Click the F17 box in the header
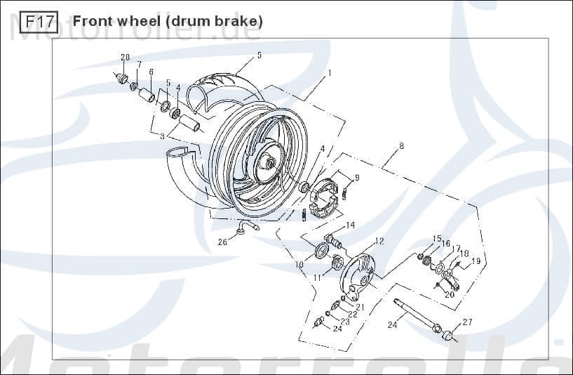click(39, 22)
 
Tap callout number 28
click(125, 57)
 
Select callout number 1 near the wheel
click(329, 72)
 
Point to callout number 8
click(401, 146)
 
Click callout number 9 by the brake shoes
click(357, 178)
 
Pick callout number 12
click(379, 241)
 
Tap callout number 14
click(350, 225)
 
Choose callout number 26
click(222, 242)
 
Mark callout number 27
click(468, 322)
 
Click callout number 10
click(299, 265)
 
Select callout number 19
click(476, 261)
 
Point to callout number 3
click(162, 136)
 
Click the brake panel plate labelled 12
click(360, 275)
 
